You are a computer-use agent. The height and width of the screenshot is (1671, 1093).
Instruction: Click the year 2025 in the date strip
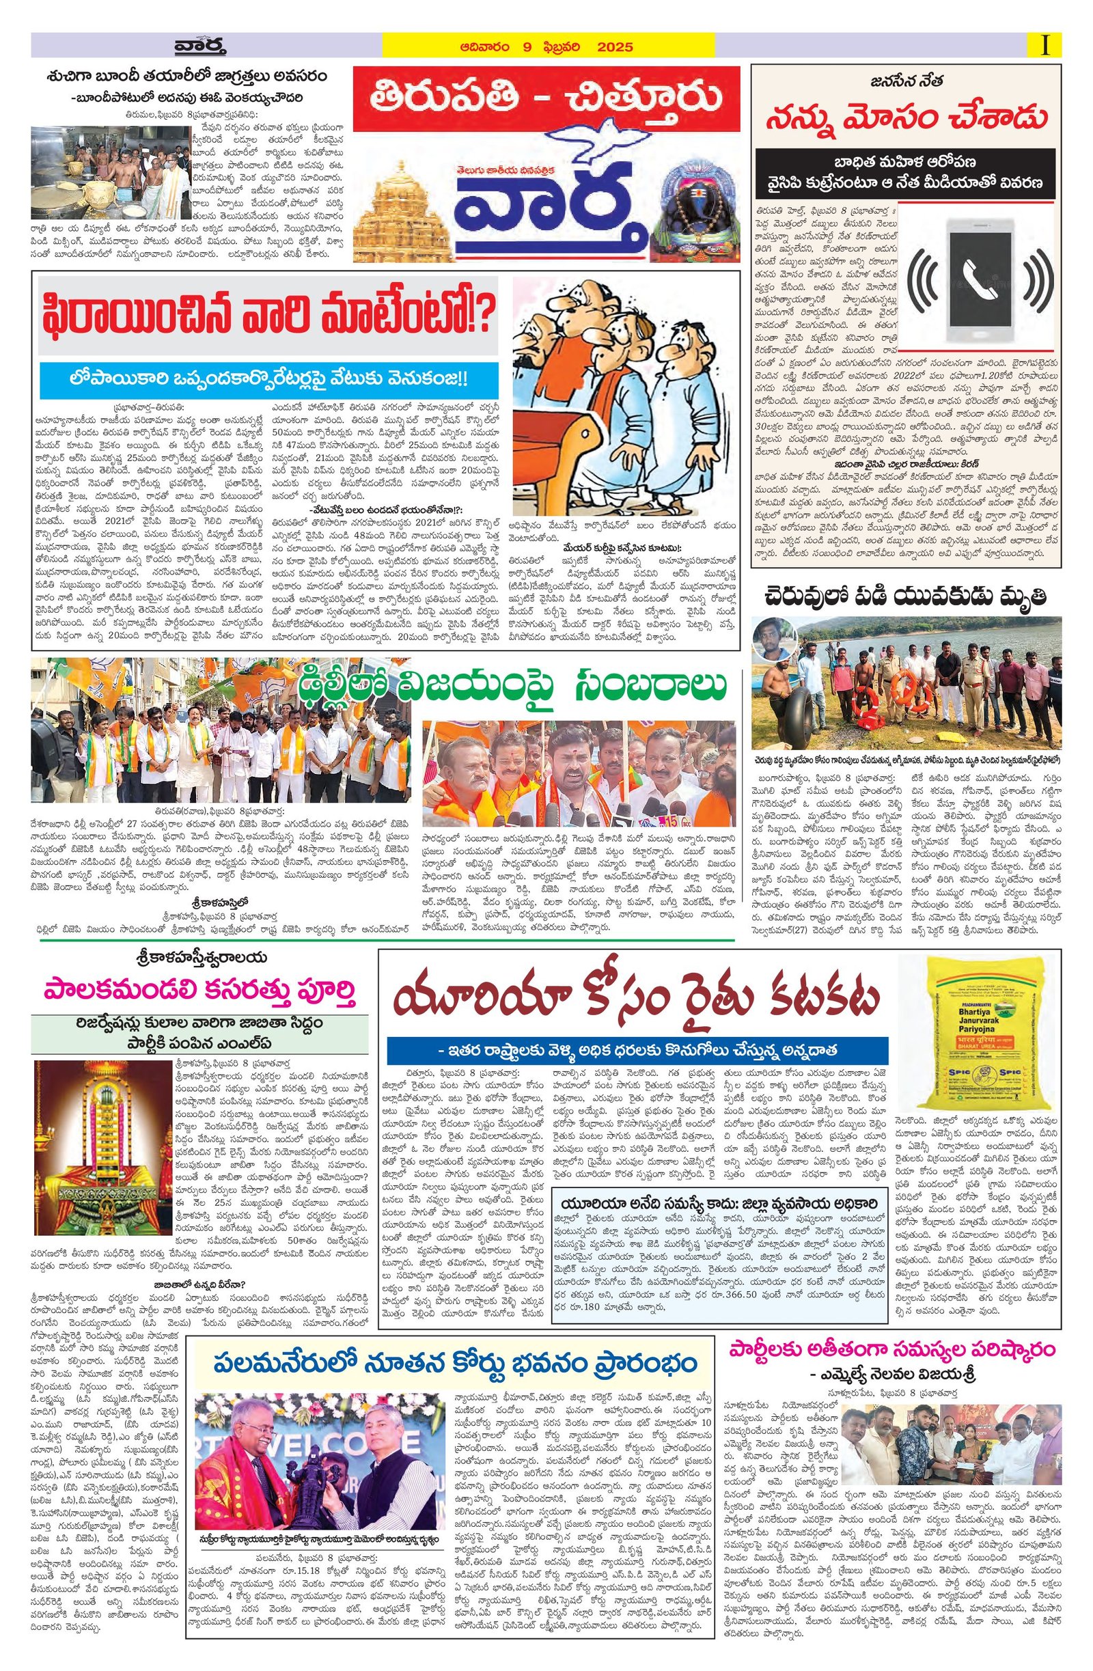[x=614, y=48]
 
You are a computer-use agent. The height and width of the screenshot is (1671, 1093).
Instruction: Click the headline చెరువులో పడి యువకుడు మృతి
[x=906, y=597]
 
